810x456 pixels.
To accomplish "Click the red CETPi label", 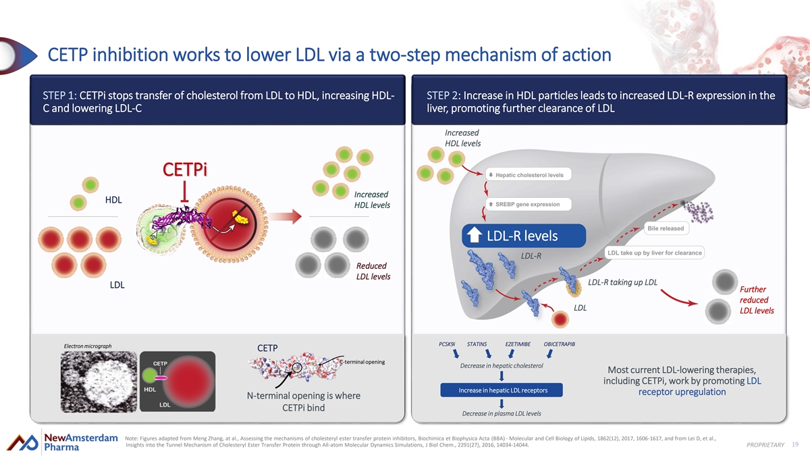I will pyautogui.click(x=184, y=169).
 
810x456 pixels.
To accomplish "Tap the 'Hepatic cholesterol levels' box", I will pyautogui.click(x=530, y=175).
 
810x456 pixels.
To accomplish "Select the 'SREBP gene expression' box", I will pyautogui.click(x=529, y=204).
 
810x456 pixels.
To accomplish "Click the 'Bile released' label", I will pyautogui.click(x=666, y=228).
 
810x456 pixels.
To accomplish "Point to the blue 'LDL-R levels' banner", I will pyautogui.click(x=512, y=236).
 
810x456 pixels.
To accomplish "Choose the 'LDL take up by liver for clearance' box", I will pyautogui.click(x=654, y=253).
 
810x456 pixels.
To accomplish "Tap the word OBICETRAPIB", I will pyautogui.click(x=560, y=344).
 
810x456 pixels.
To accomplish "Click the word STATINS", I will pyautogui.click(x=477, y=344).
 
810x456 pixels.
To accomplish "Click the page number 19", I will pyautogui.click(x=794, y=444).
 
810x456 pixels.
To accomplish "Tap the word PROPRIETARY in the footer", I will pyautogui.click(x=765, y=445).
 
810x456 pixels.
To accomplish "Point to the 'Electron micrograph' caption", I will pyautogui.click(x=88, y=346).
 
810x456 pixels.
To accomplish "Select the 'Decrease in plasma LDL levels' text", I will pyautogui.click(x=501, y=413).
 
